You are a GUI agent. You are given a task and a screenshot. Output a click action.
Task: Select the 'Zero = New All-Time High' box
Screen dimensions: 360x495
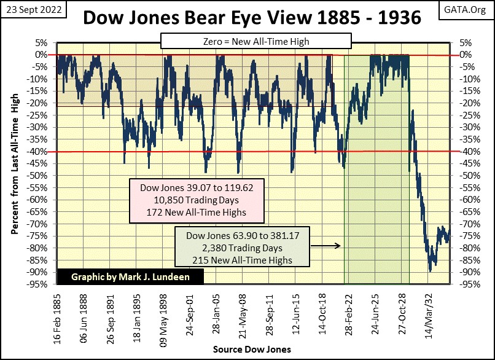point(255,41)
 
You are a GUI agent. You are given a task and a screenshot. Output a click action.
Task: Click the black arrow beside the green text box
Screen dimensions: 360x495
point(328,246)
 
